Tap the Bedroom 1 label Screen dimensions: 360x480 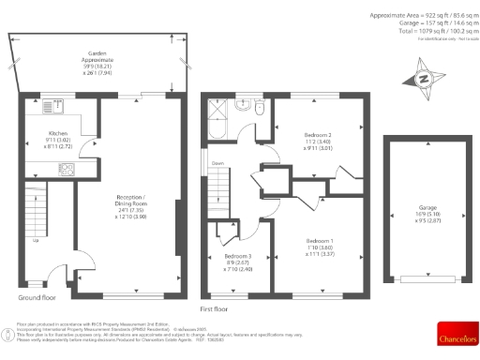321,246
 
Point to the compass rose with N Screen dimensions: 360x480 422,81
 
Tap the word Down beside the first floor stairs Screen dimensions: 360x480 217,163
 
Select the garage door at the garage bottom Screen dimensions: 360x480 427,278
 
